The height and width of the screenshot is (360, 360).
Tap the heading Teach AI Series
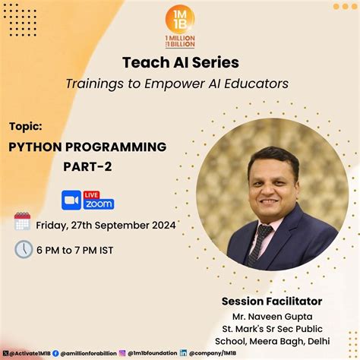coord(180,62)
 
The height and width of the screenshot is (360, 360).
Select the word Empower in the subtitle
coord(186,83)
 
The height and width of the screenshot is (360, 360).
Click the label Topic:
coord(26,124)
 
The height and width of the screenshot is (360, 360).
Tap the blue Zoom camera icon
coord(72,199)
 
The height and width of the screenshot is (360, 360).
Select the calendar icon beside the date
coord(22,222)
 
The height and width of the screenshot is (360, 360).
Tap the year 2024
coord(163,225)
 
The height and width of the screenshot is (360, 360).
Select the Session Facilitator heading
coord(272,301)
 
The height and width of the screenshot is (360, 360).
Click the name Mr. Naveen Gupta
coord(272,316)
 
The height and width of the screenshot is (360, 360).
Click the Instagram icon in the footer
coord(122,352)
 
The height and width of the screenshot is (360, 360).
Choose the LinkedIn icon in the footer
coord(183,352)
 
